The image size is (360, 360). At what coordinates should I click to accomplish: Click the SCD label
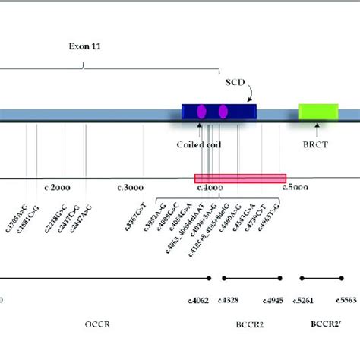pyautogui.click(x=235, y=81)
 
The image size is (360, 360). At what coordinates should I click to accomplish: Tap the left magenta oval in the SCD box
pyautogui.click(x=202, y=112)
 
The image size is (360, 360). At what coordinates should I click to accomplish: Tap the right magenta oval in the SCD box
pyautogui.click(x=223, y=112)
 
